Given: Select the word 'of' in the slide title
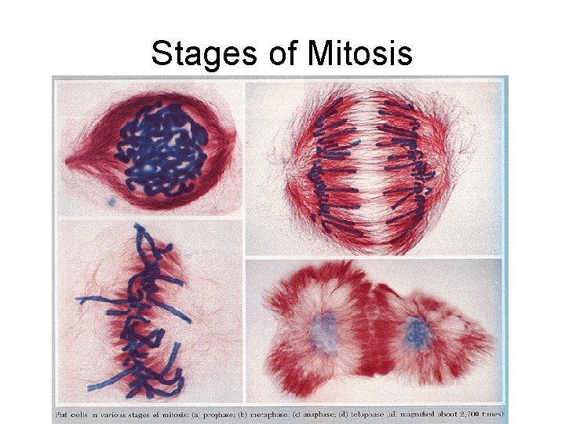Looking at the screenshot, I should pyautogui.click(x=271, y=54).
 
